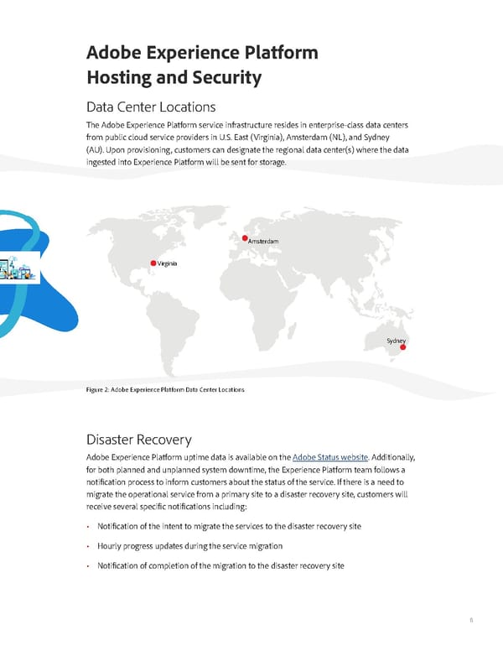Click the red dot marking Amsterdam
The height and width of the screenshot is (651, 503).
(x=245, y=238)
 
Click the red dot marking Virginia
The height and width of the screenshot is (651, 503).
(x=153, y=263)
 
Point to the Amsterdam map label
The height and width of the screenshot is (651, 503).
(x=263, y=242)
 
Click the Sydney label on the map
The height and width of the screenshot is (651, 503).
(x=396, y=340)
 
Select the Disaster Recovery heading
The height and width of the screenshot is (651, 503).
(x=138, y=440)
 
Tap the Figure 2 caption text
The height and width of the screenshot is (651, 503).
(x=165, y=390)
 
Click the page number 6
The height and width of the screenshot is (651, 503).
(x=471, y=620)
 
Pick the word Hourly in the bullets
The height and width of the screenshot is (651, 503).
(x=111, y=545)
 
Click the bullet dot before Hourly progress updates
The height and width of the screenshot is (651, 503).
(x=89, y=545)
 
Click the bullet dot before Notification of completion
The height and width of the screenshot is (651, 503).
(x=89, y=565)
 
